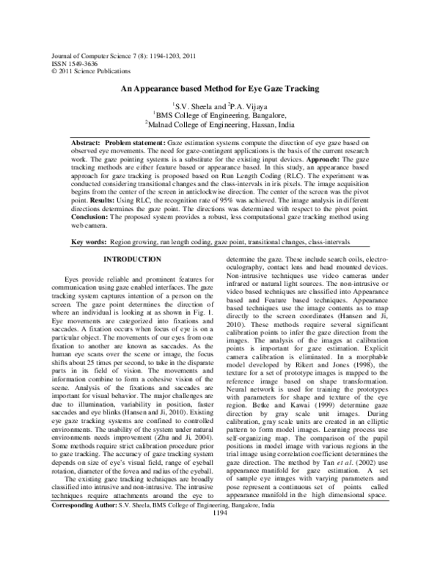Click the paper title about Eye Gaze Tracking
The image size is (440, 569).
click(220, 89)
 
